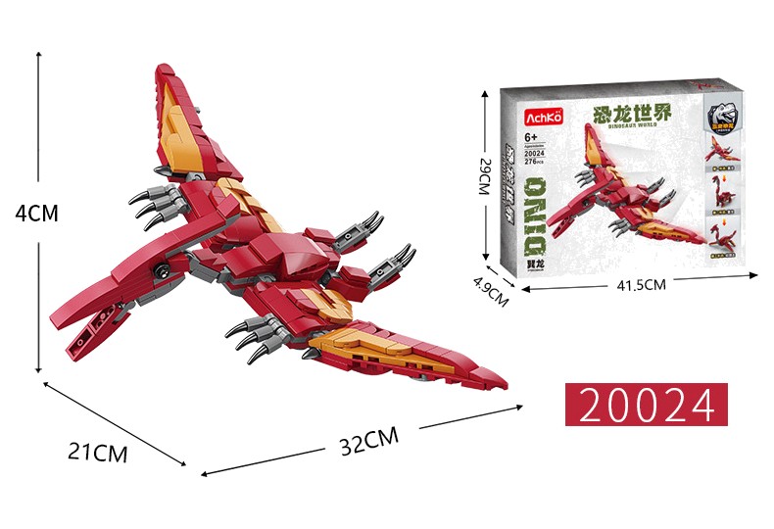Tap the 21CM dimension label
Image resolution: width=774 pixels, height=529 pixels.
tap(97, 453)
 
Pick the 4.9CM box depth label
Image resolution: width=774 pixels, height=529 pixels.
tap(490, 292)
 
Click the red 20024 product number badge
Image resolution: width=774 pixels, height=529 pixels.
tap(647, 405)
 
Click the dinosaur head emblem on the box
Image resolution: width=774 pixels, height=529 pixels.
tap(726, 115)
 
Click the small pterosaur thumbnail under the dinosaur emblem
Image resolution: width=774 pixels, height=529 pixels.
tap(726, 149)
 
